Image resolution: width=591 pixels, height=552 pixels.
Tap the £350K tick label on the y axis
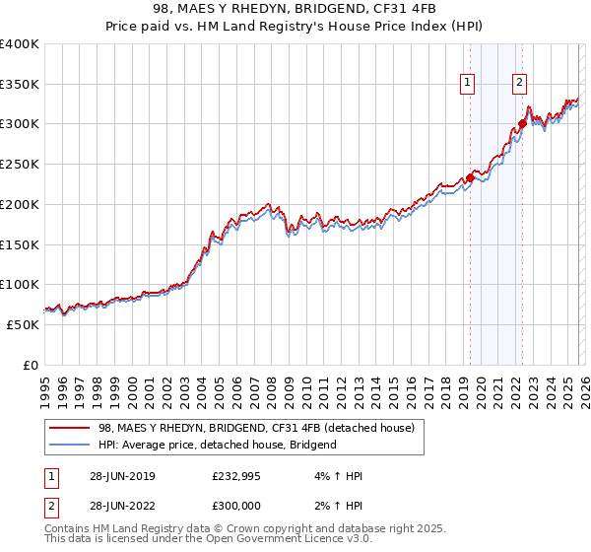click(x=20, y=85)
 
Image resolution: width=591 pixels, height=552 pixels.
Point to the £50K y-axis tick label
click(x=23, y=325)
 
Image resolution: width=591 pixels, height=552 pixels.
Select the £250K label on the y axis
click(x=20, y=165)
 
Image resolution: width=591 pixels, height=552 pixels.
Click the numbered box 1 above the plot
click(x=466, y=83)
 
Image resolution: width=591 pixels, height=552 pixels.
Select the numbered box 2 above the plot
click(x=519, y=83)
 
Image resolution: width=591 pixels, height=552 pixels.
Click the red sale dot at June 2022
click(x=523, y=124)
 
